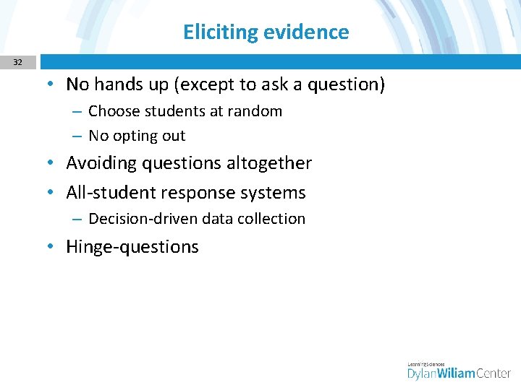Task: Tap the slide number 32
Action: coord(17,63)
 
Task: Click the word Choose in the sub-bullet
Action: coord(112,111)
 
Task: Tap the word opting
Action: coord(137,136)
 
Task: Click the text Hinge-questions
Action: coord(132,247)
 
